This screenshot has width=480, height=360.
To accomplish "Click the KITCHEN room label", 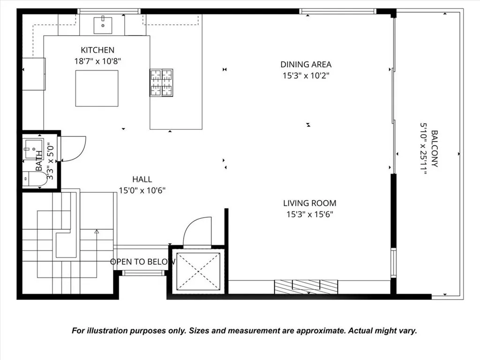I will point(97,50).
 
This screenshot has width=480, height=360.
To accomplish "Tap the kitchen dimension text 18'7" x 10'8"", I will point(97,61).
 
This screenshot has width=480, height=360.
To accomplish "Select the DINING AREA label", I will point(306,65).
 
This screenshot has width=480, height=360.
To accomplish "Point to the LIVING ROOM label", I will point(309,203).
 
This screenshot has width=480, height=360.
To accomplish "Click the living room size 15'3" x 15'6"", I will point(309,215).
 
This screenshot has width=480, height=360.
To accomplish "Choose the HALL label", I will point(142,179).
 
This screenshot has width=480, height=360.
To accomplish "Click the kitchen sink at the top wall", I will point(102,25).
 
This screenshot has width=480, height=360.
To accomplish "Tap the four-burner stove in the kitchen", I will point(161,83).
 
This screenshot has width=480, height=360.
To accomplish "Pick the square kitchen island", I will point(97,88).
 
